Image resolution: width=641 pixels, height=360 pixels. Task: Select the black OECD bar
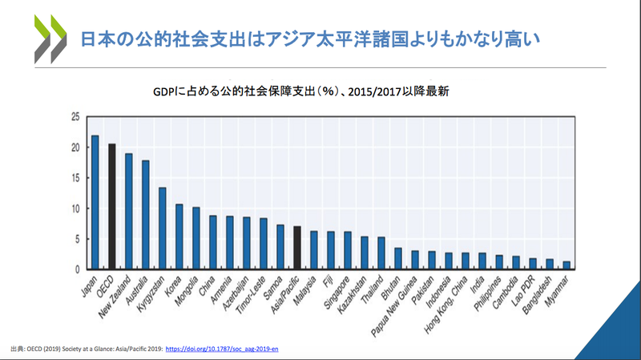click(x=112, y=206)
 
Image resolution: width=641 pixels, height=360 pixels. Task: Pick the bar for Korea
click(x=179, y=237)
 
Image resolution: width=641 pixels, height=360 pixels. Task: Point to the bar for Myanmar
click(x=566, y=265)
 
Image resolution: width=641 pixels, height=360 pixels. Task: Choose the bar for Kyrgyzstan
click(x=163, y=228)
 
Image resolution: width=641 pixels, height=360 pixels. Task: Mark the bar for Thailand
click(x=381, y=253)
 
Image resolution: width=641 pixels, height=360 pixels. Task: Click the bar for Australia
click(x=146, y=215)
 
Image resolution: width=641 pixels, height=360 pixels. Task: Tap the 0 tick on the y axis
click(x=76, y=269)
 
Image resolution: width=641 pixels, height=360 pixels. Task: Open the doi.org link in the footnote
click(x=221, y=350)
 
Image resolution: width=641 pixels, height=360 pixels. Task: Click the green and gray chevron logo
click(x=50, y=38)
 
